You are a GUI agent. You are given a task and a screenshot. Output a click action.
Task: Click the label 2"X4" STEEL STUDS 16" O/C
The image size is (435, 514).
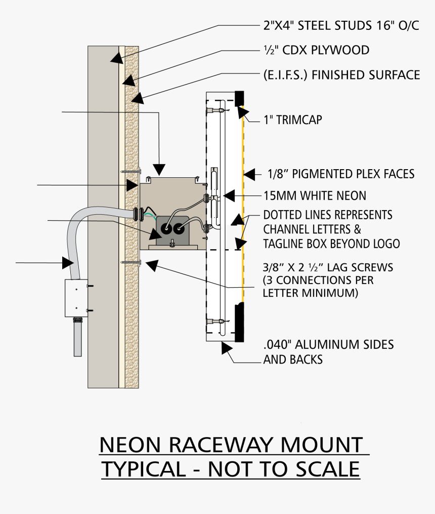pyautogui.click(x=341, y=26)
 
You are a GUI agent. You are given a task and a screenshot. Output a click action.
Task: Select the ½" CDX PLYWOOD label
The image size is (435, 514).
pyautogui.click(x=316, y=51)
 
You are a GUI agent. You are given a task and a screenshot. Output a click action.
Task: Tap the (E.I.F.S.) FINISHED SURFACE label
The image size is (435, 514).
pyautogui.click(x=341, y=75)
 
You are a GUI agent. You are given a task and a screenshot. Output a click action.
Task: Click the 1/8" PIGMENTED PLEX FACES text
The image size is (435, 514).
pyautogui.click(x=341, y=174)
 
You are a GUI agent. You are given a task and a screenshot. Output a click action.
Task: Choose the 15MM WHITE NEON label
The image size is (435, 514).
pyautogui.click(x=315, y=195)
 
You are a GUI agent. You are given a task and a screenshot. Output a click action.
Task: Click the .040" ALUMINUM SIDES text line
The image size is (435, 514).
pyautogui.click(x=328, y=345)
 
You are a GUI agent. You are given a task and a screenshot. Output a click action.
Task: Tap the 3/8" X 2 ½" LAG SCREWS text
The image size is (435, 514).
pyautogui.click(x=328, y=267)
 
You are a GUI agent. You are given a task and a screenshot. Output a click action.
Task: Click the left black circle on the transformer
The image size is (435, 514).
pyautogui.click(x=166, y=230)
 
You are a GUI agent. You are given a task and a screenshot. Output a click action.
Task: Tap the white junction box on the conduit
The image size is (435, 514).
pyautogui.click(x=76, y=298)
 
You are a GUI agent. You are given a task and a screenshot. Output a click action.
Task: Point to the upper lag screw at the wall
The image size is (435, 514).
pyautogui.click(x=131, y=172)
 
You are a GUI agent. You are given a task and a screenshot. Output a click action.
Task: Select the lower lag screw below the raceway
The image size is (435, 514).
pyautogui.click(x=131, y=262)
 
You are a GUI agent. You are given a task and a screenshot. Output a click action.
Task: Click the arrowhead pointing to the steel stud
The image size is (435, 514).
pyautogui.click(x=116, y=57)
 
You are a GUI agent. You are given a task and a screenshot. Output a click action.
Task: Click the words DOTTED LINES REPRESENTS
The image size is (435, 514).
pyautogui.click(x=327, y=215)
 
